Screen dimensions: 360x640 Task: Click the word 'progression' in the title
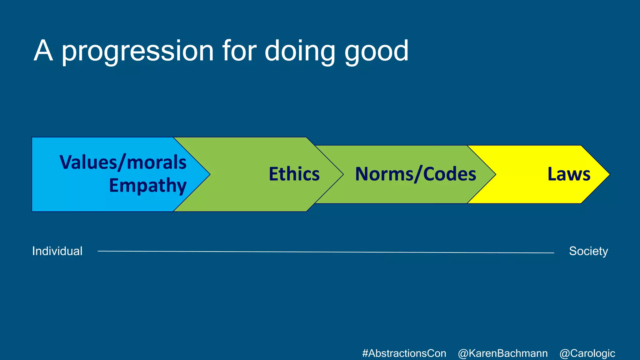click(x=137, y=52)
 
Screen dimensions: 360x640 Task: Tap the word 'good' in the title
click(x=376, y=52)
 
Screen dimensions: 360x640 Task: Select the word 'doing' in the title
click(x=300, y=52)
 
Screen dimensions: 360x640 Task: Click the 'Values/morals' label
click(x=123, y=162)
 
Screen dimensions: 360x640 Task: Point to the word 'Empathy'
click(x=147, y=186)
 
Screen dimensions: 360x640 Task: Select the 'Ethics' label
click(x=294, y=174)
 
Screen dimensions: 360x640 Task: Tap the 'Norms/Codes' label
click(x=415, y=174)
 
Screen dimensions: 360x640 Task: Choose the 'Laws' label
click(x=569, y=174)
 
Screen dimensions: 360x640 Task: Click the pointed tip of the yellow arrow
click(x=608, y=174)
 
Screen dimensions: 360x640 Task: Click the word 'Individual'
click(x=57, y=251)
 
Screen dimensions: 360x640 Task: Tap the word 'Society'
click(x=588, y=251)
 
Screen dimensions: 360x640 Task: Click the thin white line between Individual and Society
click(x=325, y=252)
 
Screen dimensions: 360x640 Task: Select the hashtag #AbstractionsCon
click(x=404, y=353)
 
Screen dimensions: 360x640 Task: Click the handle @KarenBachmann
click(x=502, y=353)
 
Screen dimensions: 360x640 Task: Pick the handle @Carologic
click(x=587, y=353)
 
